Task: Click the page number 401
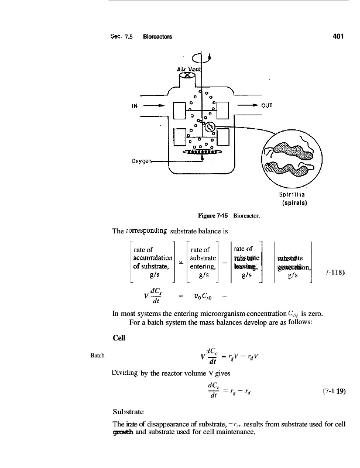tap(335, 35)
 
